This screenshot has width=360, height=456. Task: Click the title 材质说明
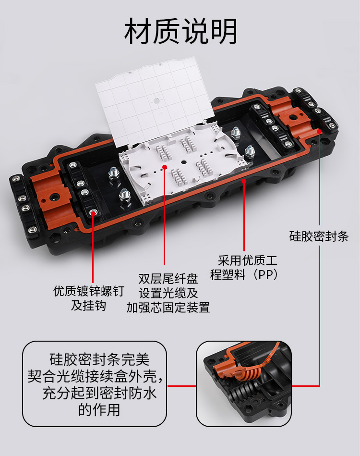pos(180,31)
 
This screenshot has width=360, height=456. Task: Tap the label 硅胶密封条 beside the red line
pos(319,236)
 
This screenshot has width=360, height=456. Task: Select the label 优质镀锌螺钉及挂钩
pos(89,298)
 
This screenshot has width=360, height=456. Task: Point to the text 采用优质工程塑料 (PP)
pos(244,268)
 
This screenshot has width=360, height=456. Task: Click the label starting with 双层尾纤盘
pos(168,293)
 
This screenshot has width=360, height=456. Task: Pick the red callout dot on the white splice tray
pos(165,167)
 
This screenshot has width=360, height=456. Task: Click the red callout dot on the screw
pos(93,212)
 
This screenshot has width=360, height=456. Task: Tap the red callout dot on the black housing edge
pos(244,181)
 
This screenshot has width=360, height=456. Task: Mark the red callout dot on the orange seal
pos(319,131)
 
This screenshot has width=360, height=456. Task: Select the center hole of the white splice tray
pos(183,162)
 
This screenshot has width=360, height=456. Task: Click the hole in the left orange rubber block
pos(54,198)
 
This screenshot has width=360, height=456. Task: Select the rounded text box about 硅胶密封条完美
pos(95,384)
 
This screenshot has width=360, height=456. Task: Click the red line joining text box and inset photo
pos(181,386)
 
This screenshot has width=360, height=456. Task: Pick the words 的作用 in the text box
pos(99,410)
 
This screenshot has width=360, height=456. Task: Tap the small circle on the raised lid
pos(156,101)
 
